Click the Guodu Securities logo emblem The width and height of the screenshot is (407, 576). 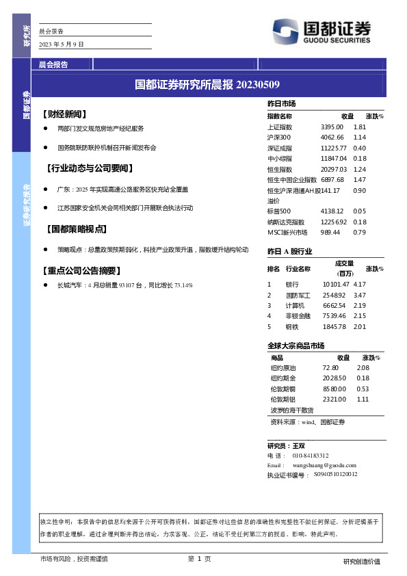(286, 30)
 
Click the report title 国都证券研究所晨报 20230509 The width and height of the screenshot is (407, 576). (207, 85)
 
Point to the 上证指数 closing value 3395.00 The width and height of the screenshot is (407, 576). (332, 127)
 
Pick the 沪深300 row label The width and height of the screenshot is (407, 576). (280, 138)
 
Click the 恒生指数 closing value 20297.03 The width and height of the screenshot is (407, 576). (334, 169)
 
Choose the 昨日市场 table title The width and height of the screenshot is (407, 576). (281, 103)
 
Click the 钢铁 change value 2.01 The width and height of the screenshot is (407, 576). (360, 326)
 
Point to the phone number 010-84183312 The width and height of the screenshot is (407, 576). (311, 455)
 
